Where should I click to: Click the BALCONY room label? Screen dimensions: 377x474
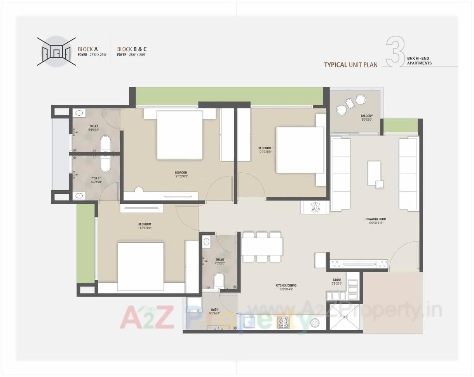(366, 116)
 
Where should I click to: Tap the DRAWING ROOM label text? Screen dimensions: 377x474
(376, 219)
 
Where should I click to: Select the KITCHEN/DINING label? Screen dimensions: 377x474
(286, 285)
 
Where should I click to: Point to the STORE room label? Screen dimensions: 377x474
(337, 280)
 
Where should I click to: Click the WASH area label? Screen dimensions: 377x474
(214, 310)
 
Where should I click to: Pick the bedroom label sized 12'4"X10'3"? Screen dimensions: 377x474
(181, 173)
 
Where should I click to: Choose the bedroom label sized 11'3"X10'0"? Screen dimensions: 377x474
(145, 224)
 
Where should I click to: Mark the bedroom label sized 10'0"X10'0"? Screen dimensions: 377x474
(265, 148)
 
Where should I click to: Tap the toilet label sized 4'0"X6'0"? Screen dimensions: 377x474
(220, 260)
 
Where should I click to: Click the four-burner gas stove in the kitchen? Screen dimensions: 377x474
(283, 322)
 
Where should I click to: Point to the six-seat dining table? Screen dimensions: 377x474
(261, 247)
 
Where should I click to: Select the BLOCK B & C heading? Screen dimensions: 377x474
(132, 49)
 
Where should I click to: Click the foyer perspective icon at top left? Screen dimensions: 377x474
(56, 51)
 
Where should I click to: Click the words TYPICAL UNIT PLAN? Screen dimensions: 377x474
(351, 65)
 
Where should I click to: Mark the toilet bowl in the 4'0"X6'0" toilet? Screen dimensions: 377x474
(219, 280)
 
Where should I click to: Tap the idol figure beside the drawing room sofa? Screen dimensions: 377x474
(314, 207)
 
